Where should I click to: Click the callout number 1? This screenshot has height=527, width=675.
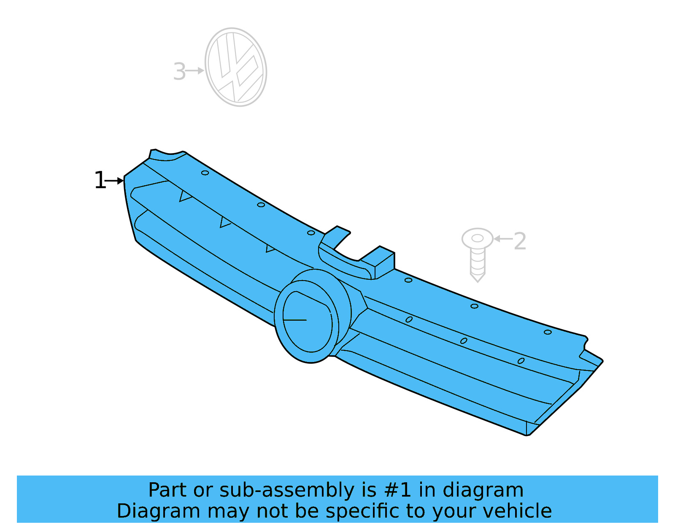pyautogui.click(x=100, y=181)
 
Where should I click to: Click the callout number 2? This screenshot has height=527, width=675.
pyautogui.click(x=520, y=241)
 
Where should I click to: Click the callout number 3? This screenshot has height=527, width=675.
pyautogui.click(x=179, y=71)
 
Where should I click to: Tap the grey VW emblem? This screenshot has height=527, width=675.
pyautogui.click(x=236, y=67)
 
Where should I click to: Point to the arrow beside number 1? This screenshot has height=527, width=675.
pyautogui.click(x=114, y=181)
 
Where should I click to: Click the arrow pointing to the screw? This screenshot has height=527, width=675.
pyautogui.click(x=502, y=239)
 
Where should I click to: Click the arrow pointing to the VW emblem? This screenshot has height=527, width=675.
pyautogui.click(x=195, y=71)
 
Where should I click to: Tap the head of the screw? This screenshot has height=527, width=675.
pyautogui.click(x=477, y=239)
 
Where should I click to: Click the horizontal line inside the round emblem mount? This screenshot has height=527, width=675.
pyautogui.click(x=295, y=320)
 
